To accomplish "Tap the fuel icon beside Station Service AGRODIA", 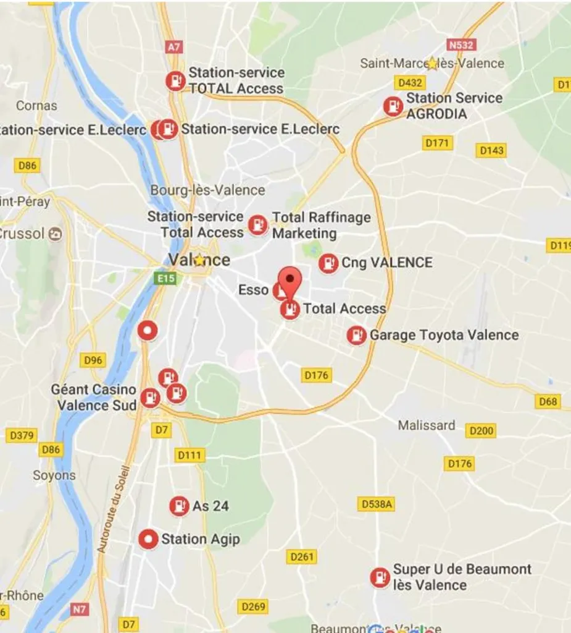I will (393, 106).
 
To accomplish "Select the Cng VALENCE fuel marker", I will (328, 263).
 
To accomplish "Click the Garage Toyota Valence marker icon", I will (356, 336).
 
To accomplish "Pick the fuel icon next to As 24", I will (179, 506).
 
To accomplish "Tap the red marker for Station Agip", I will (148, 539).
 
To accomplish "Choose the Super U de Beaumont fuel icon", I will (380, 577).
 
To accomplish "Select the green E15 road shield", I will (166, 279).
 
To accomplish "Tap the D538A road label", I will (375, 504).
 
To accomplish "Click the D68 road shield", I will (548, 402).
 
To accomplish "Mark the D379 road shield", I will (21, 436).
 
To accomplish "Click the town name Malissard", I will (427, 426).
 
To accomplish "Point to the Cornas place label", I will (36, 106).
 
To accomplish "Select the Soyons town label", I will (54, 475).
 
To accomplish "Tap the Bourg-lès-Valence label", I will (207, 190).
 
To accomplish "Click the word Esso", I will (253, 290).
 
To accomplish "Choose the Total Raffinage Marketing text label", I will (321, 225).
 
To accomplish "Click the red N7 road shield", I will (80, 609).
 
